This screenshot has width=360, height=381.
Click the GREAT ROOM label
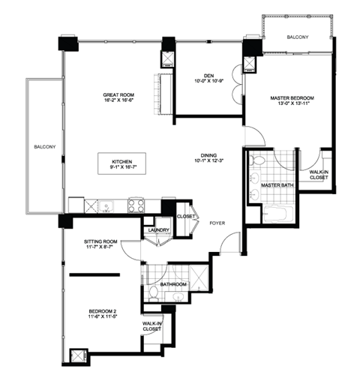click(118, 95)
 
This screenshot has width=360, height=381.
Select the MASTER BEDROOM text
click(292, 98)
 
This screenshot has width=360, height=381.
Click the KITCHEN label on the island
click(122, 161)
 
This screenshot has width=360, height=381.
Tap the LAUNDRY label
click(157, 230)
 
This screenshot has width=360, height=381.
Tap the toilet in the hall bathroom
click(153, 291)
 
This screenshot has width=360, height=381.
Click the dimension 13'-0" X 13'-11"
click(292, 106)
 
